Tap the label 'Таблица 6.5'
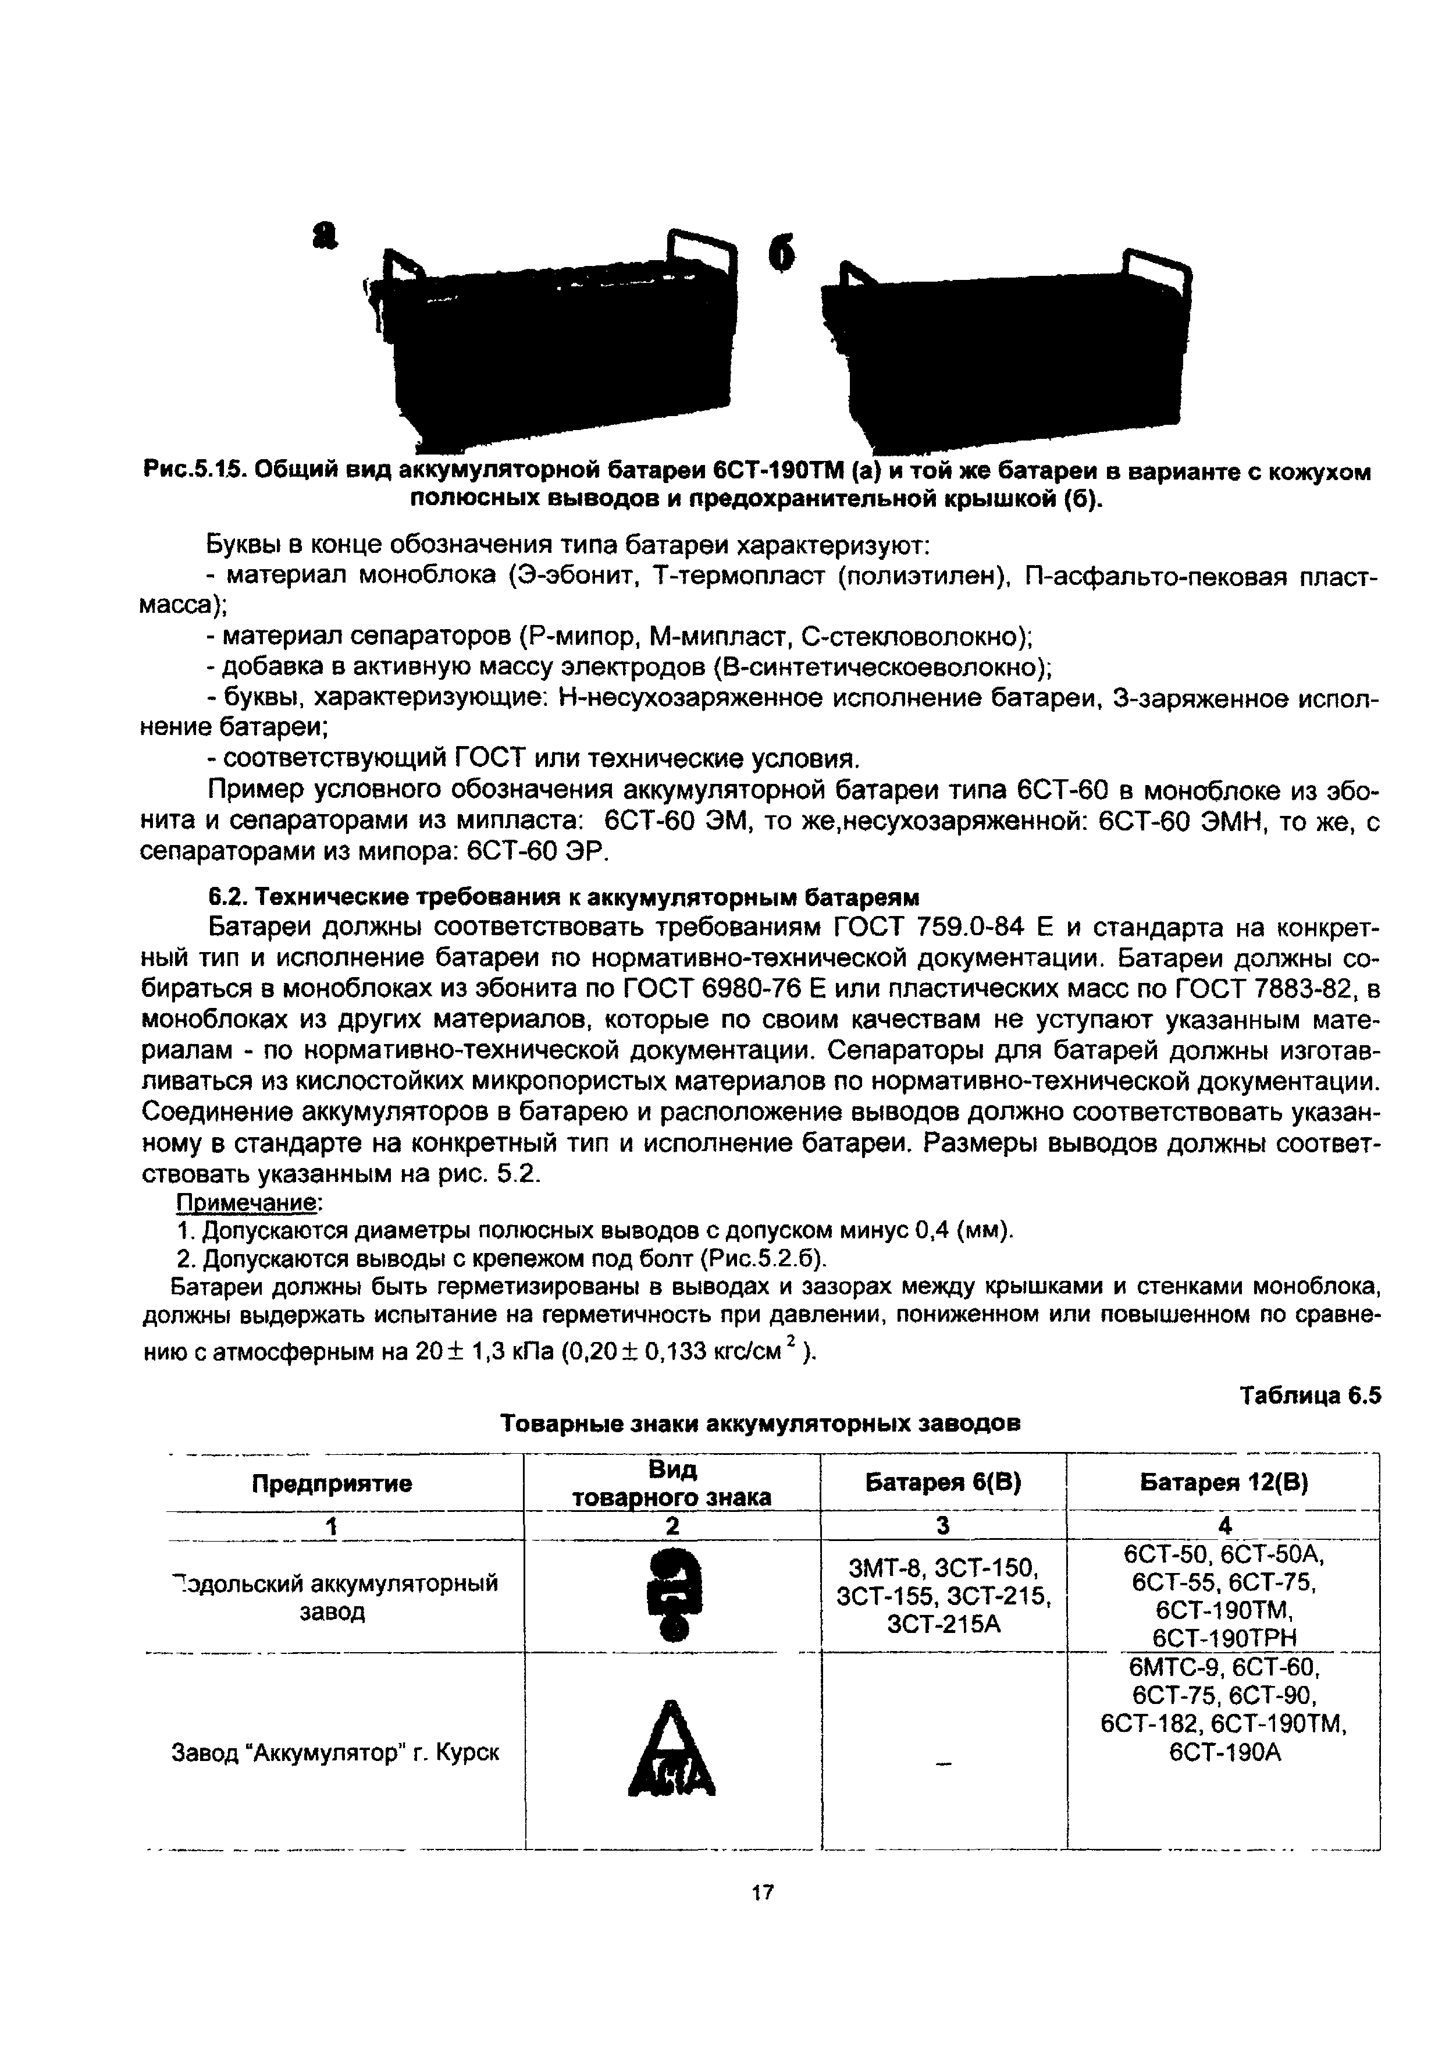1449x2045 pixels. coord(1310,1395)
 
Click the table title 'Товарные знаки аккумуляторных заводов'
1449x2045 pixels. coord(760,1423)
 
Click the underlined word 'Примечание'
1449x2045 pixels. coord(248,1203)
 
